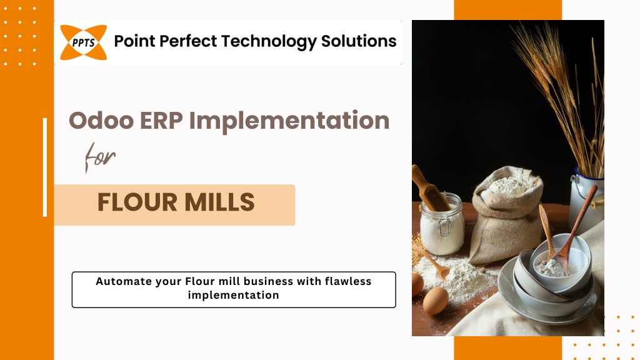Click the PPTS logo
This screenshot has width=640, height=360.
click(83, 42)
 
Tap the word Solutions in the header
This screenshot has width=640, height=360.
click(359, 41)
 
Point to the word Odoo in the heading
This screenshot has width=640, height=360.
click(101, 121)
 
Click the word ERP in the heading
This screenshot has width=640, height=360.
click(161, 121)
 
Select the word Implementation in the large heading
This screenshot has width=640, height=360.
click(289, 121)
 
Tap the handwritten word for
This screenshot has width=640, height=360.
click(100, 157)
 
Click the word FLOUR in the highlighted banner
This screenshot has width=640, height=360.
click(137, 202)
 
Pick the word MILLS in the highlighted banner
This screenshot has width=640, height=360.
click(219, 202)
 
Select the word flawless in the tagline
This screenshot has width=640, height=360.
click(348, 281)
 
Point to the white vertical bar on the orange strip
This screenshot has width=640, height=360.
click(45, 167)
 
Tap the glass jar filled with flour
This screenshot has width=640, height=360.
click(442, 224)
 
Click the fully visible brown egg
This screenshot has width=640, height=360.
click(436, 301)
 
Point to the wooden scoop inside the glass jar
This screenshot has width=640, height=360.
click(429, 187)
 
